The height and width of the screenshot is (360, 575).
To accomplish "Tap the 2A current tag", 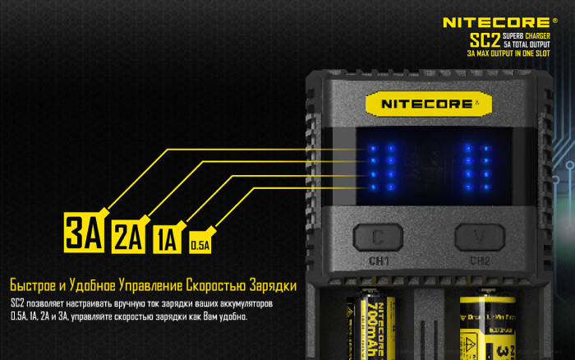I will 127,237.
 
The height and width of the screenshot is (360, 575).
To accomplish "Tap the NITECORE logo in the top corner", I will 496,22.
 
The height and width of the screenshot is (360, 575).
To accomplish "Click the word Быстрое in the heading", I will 33,286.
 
